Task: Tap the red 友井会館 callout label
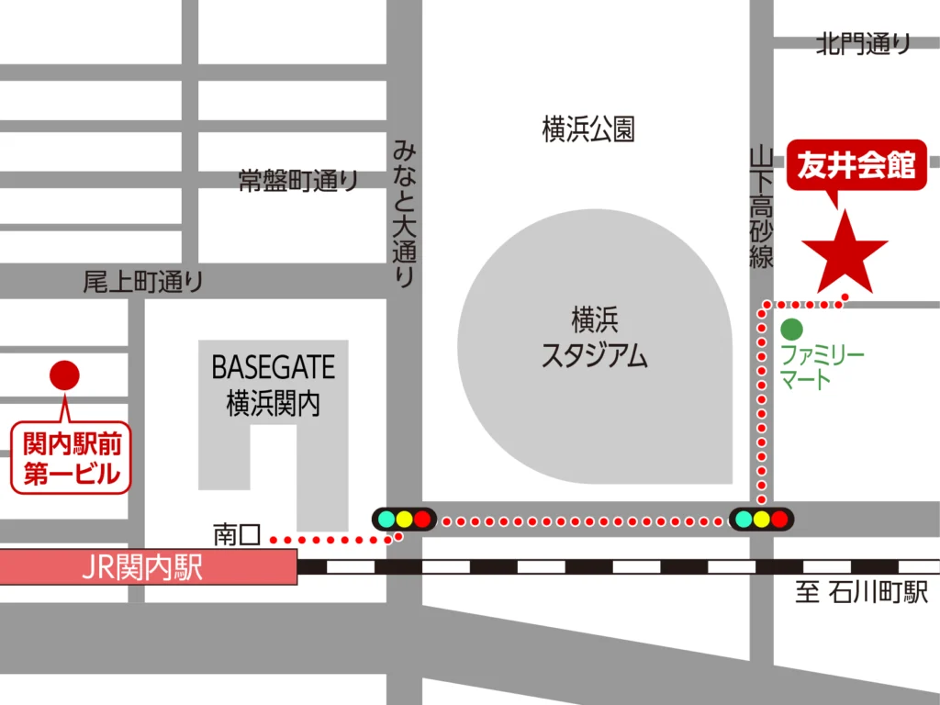856,166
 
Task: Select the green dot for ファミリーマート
791,329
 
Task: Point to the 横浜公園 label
588,130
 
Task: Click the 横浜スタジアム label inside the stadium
594,338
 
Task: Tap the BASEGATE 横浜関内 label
273,386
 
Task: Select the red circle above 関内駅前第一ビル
64,375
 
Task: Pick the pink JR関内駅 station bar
148,567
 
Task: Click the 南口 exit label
237,533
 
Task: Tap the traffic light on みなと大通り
403,519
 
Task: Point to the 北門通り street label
864,43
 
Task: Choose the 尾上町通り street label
143,282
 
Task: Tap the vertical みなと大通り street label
404,212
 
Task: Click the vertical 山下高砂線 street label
761,207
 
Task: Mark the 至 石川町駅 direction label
861,593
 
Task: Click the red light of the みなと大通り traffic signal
421,519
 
